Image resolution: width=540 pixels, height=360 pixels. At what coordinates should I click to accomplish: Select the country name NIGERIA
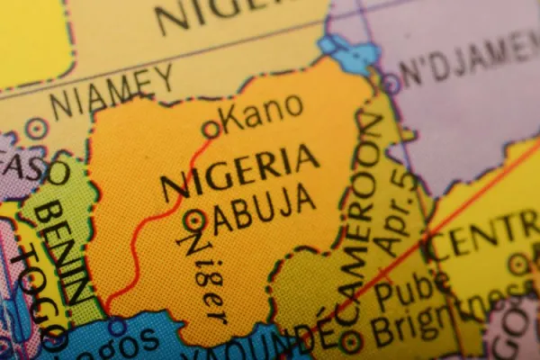coord(239,172)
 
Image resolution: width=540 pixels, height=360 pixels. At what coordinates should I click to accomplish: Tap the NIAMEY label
coord(112,92)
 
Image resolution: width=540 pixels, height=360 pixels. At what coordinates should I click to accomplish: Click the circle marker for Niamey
coord(36,128)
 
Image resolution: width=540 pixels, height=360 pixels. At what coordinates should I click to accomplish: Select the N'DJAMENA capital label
coord(468,61)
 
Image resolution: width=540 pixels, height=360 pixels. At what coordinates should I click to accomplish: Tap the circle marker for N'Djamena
coord(390,84)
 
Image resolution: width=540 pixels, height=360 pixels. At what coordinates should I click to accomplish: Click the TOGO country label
coord(31,292)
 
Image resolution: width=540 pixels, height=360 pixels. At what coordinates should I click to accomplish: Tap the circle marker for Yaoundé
coord(350,341)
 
